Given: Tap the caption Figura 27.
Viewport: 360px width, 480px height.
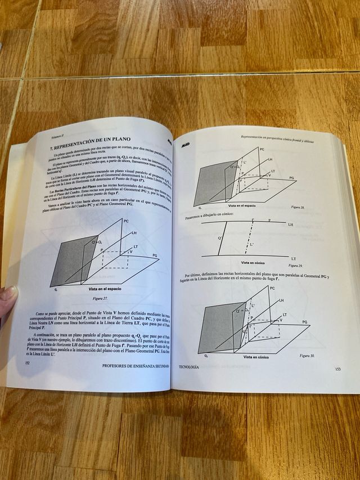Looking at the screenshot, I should [100, 299].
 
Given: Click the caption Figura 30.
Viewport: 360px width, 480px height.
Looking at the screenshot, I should [308, 356].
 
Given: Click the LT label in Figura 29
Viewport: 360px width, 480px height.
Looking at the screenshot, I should [294, 258].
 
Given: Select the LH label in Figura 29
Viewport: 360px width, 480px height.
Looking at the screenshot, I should [290, 224].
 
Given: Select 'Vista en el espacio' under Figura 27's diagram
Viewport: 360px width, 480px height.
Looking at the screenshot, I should [105, 288].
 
